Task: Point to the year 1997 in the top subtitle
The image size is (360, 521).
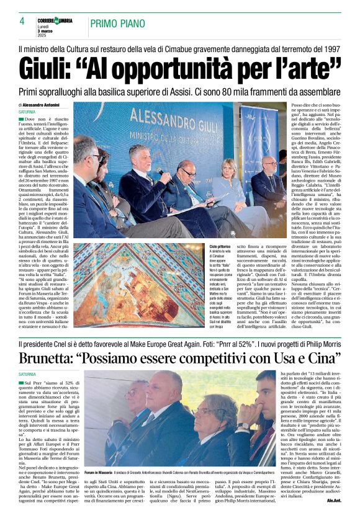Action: coord(330,48)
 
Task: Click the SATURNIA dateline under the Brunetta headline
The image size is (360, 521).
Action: coord(27,375)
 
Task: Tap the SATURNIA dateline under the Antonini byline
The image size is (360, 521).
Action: coord(27,112)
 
